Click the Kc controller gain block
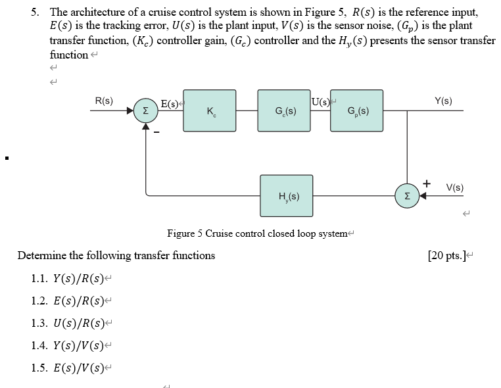pyautogui.click(x=209, y=110)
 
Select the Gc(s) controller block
pyautogui.click(x=284, y=110)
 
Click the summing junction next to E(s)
pyautogui.click(x=145, y=110)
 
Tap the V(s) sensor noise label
pyautogui.click(x=454, y=187)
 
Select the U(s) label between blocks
pyautogui.click(x=321, y=101)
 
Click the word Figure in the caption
pyautogui.click(x=181, y=233)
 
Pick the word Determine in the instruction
pyautogui.click(x=41, y=255)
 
